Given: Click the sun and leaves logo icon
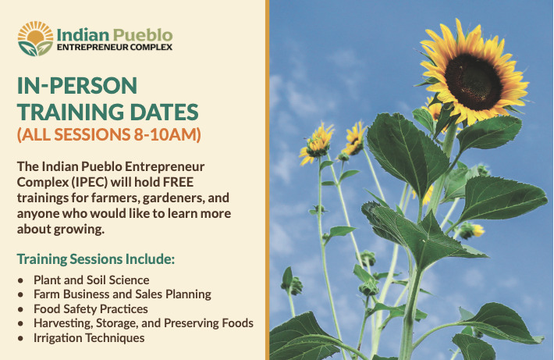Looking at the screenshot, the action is pyautogui.click(x=35, y=38).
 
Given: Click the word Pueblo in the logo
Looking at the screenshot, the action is pyautogui.click(x=143, y=35).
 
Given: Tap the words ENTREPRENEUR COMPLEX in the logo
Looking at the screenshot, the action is pyautogui.click(x=115, y=47).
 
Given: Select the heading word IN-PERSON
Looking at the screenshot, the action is pyautogui.click(x=77, y=86).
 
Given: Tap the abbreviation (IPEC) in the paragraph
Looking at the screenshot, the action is pyautogui.click(x=90, y=182).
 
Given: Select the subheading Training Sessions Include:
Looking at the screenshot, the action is pyautogui.click(x=96, y=258).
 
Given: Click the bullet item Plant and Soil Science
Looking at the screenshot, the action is pyautogui.click(x=91, y=280).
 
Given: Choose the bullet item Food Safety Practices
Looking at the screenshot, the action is pyautogui.click(x=91, y=309).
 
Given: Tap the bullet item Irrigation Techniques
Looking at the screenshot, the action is pyautogui.click(x=89, y=338).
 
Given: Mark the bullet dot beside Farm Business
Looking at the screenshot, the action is pyautogui.click(x=20, y=294).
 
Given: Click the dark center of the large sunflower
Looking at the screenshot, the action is pyautogui.click(x=473, y=82).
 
